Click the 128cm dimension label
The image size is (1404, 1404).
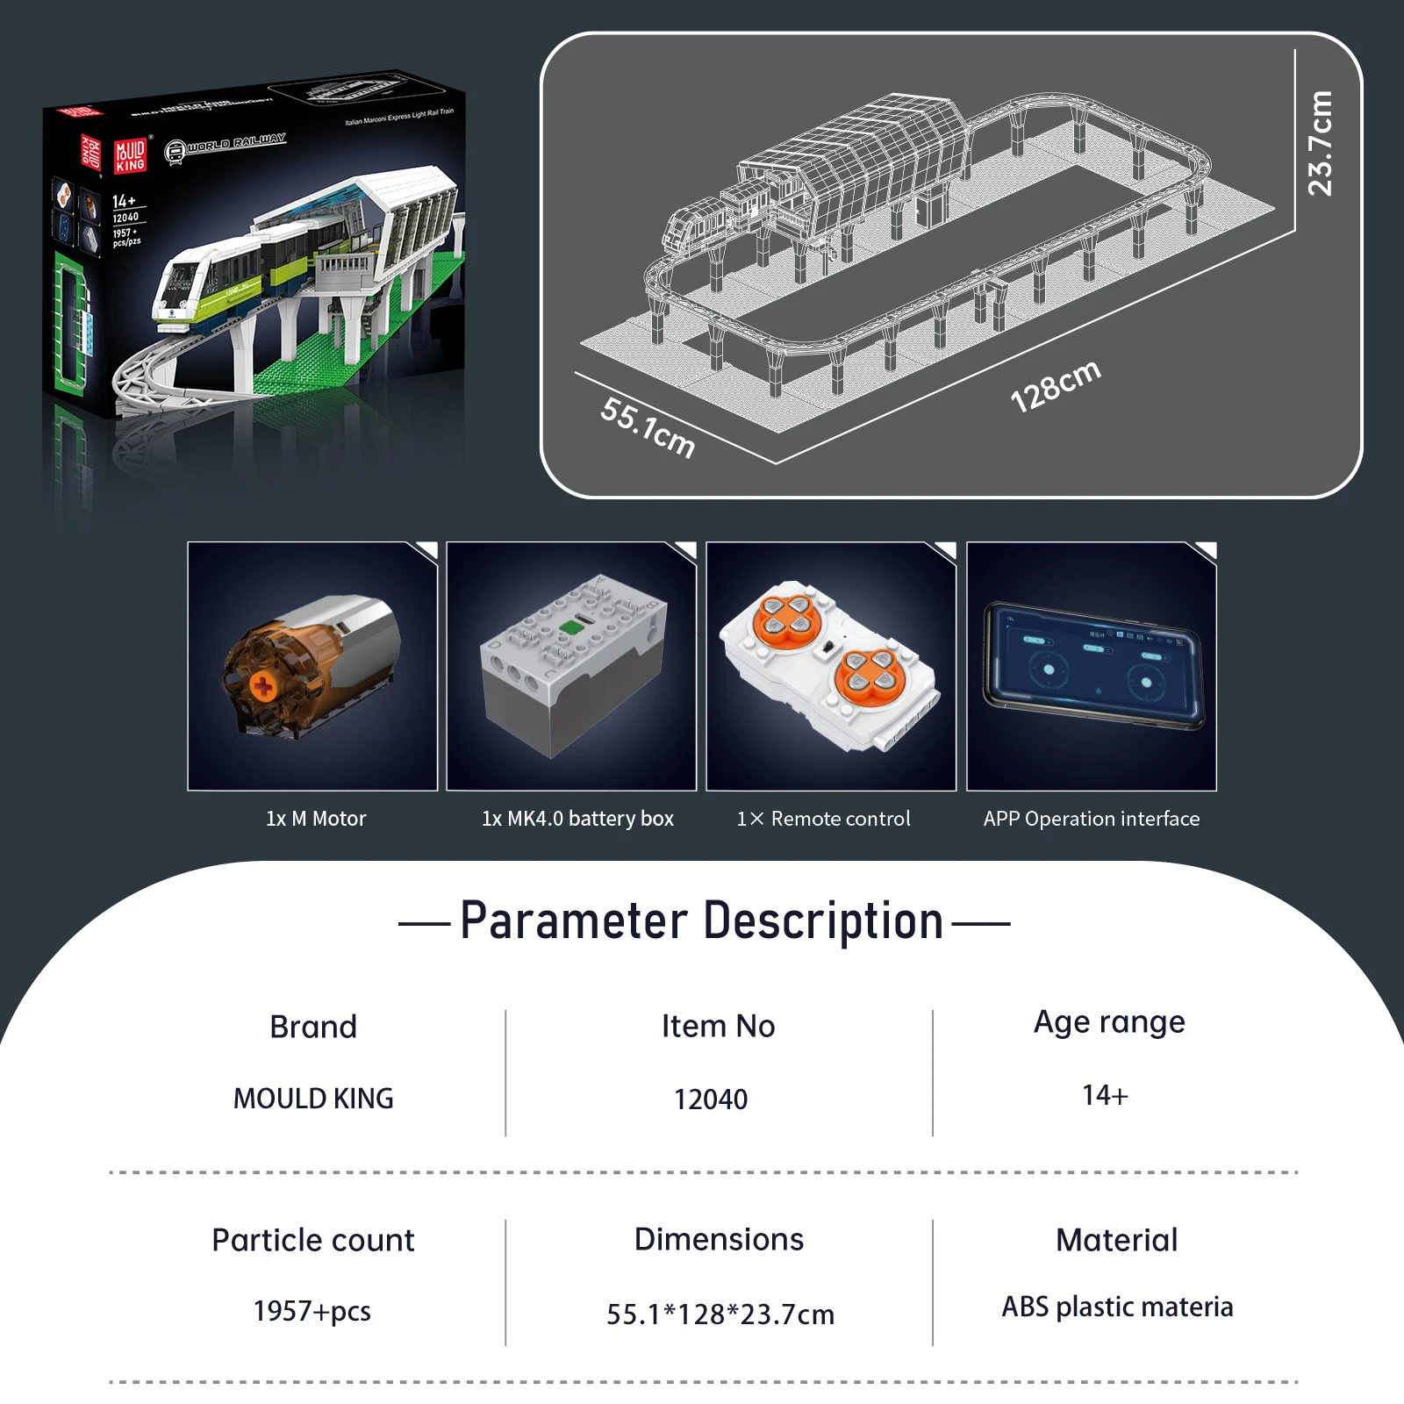(1055, 386)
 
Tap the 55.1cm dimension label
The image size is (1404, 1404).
(648, 427)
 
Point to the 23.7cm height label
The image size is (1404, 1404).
(1320, 143)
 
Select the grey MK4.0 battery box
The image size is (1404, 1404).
(573, 667)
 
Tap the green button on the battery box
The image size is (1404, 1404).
(572, 627)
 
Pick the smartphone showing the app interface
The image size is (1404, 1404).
(1093, 664)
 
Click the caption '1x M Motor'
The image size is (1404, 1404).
(316, 819)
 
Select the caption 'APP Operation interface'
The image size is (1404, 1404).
(1091, 819)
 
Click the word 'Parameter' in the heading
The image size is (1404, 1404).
(574, 921)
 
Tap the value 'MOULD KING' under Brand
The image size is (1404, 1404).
(313, 1099)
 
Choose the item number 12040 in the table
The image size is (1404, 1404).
(711, 1100)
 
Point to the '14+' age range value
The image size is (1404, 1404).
(1105, 1095)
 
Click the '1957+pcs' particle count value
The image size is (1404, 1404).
(312, 1311)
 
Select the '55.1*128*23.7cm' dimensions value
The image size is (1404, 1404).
(720, 1314)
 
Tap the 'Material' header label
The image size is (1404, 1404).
(1116, 1240)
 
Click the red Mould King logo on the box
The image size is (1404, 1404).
(130, 155)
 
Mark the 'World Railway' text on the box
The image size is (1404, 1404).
(235, 143)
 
